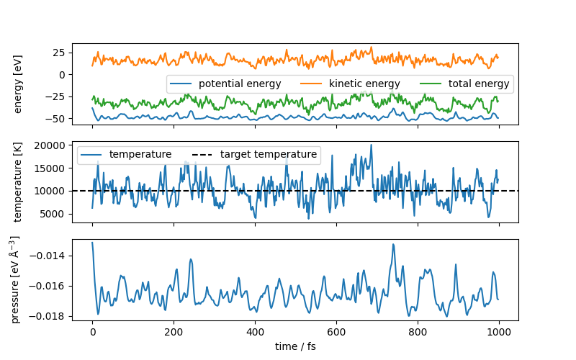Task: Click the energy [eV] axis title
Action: point(19,84)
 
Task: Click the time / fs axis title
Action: point(295,346)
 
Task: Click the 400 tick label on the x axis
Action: point(255,332)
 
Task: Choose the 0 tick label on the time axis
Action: point(92,332)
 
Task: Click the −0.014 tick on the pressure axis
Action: point(48,256)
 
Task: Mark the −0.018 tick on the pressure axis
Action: point(48,316)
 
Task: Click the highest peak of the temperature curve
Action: point(372,145)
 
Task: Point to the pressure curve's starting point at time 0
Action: point(92,243)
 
